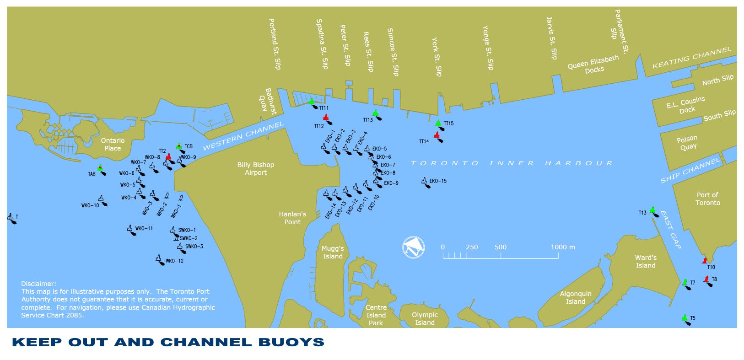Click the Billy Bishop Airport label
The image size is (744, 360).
pos(255,169)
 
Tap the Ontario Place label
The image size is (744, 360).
pos(113,145)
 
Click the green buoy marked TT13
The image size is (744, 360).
pos(377,115)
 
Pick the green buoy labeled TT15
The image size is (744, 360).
pos(440,125)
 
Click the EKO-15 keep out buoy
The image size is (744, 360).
pos(426,183)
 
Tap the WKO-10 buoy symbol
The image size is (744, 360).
pos(102,201)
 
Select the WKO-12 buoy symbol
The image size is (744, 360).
pos(160,260)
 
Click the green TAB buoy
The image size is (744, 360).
pos(102,170)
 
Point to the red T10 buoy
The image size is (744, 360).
pos(705,261)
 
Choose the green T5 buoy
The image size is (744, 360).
pos(686,320)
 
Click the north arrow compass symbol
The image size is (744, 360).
pos(413,247)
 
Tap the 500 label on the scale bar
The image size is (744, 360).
pos(500,247)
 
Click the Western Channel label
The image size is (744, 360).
pos(243,135)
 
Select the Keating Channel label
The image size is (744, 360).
pos(692,58)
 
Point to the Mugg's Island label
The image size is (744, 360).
pos(333,253)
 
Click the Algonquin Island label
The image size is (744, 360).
pos(576,298)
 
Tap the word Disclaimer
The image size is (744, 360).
pos(38,284)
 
